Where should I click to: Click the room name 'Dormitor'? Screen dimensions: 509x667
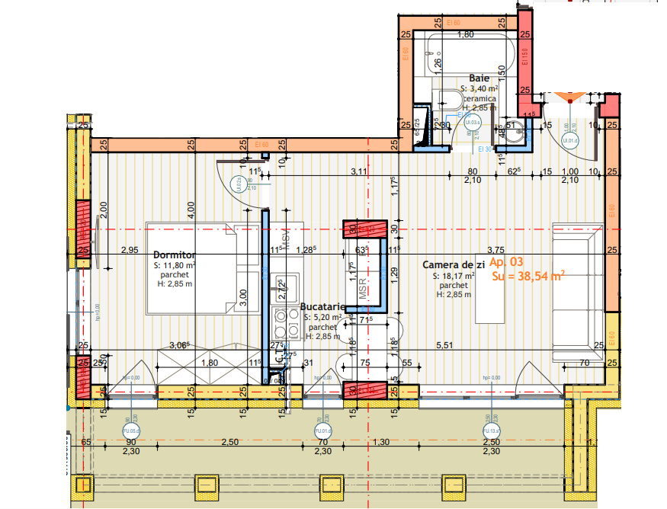(175, 254)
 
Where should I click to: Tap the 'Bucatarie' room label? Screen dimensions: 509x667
(323, 306)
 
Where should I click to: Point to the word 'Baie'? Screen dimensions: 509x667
(479, 78)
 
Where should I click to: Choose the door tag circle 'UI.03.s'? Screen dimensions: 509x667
(472, 122)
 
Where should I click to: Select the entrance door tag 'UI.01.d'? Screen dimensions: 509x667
(569, 140)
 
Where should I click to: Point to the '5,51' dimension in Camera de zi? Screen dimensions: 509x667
(444, 345)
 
